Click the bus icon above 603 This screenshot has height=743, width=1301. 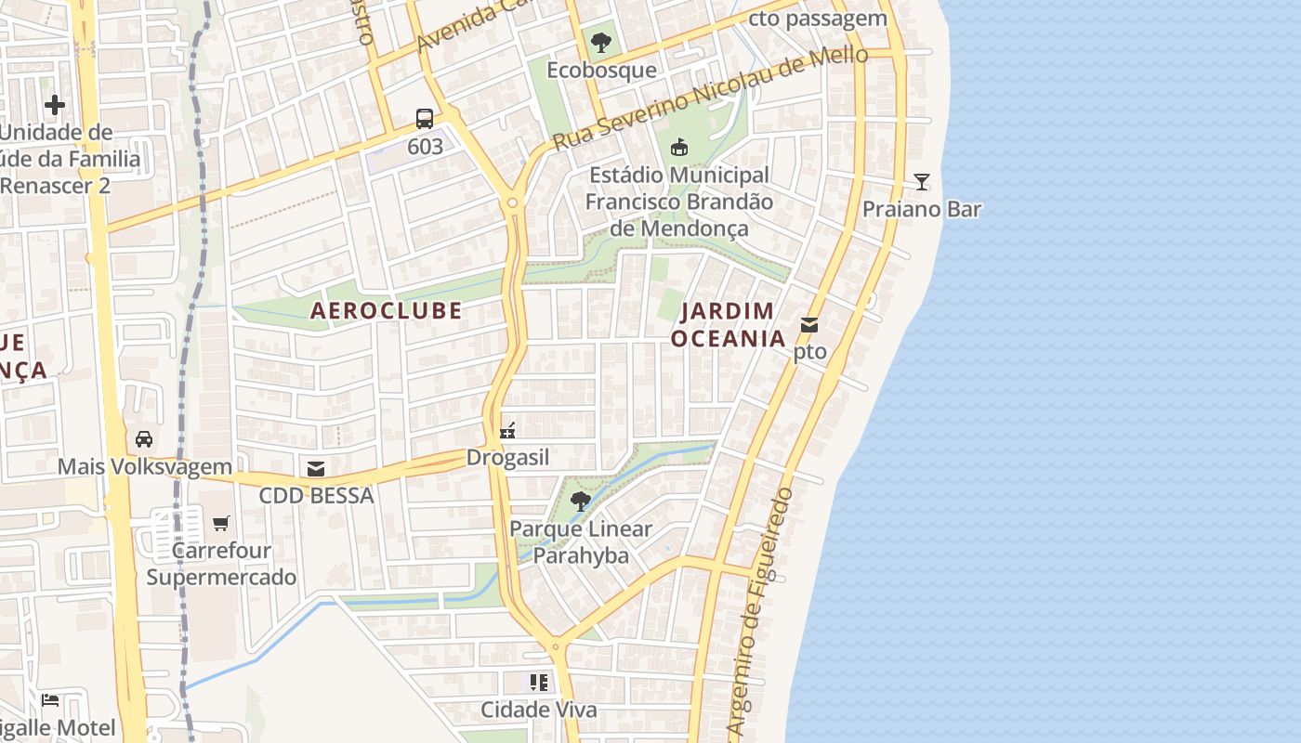click(x=425, y=118)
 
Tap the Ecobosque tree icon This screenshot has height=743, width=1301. click(x=601, y=42)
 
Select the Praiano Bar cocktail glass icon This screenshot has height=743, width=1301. click(x=921, y=181)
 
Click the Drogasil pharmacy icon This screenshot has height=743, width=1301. click(x=507, y=430)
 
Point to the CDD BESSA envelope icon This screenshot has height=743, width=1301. click(x=316, y=468)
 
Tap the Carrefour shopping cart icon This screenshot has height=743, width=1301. click(x=220, y=523)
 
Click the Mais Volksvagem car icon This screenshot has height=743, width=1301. click(x=144, y=438)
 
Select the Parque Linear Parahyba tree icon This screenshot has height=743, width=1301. click(x=581, y=502)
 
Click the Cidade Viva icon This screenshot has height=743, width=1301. click(x=539, y=683)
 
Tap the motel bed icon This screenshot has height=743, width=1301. click(x=50, y=699)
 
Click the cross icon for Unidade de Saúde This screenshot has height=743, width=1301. click(x=55, y=105)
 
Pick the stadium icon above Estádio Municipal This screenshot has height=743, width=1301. click(x=679, y=147)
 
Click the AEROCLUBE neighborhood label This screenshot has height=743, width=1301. click(x=386, y=310)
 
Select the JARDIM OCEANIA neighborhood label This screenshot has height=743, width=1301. click(x=729, y=324)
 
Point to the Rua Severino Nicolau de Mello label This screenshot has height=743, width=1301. click(x=711, y=99)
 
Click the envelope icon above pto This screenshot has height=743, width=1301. click(x=809, y=325)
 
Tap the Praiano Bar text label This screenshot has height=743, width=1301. click(x=921, y=209)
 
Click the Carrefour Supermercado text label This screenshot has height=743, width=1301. click(x=221, y=564)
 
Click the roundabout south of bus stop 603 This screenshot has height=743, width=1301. click(x=512, y=202)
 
